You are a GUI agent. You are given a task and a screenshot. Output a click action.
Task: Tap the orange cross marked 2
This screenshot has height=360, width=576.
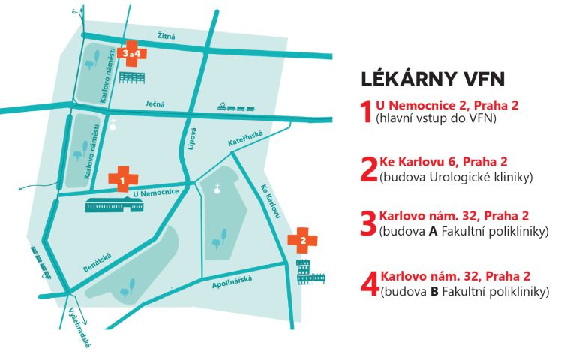302,240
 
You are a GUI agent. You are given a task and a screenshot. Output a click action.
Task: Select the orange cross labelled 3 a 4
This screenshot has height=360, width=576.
132,53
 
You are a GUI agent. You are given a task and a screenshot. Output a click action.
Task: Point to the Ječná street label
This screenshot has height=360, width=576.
152,105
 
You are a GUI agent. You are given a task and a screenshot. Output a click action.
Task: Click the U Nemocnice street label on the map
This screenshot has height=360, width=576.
154,193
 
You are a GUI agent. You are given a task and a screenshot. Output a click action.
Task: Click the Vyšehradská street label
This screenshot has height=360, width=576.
78,326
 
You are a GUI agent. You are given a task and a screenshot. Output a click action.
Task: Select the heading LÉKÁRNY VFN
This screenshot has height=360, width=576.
433,78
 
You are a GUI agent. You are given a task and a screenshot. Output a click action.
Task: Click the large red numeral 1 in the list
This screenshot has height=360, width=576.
367,112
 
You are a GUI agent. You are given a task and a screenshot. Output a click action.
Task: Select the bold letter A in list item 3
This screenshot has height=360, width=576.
433,231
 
